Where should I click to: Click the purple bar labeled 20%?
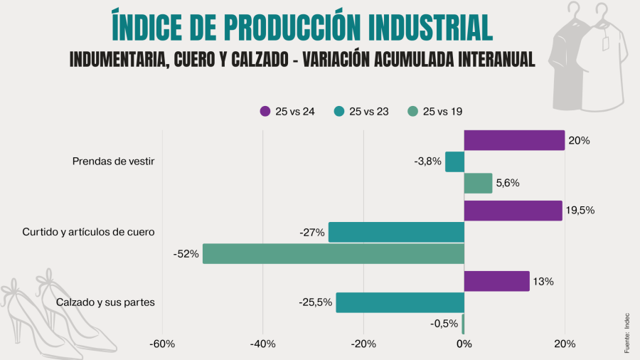(x=514, y=140)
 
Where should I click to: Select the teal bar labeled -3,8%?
(x=454, y=162)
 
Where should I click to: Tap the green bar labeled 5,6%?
(x=478, y=183)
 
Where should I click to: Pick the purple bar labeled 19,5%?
(x=513, y=211)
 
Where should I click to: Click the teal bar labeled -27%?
(x=396, y=232)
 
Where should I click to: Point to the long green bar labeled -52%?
(x=333, y=253)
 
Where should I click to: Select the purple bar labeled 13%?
(x=496, y=281)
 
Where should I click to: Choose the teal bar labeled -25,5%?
(x=400, y=302)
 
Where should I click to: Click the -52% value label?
(x=186, y=253)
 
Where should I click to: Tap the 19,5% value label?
(x=580, y=211)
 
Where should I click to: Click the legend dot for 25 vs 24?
(x=265, y=111)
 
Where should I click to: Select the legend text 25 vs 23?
(x=369, y=111)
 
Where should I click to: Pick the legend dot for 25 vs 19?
(x=412, y=111)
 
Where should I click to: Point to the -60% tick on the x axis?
(x=162, y=345)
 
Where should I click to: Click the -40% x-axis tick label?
(x=262, y=345)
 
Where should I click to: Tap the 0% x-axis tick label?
(x=464, y=345)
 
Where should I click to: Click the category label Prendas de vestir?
(x=114, y=162)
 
